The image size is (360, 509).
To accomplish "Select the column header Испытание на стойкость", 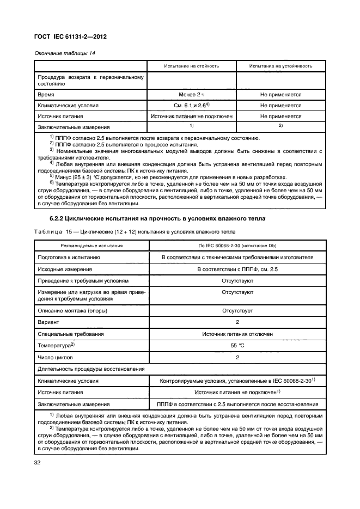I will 191,66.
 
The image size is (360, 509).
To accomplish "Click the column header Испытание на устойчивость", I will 280,66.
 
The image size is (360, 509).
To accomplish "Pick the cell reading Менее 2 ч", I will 191,95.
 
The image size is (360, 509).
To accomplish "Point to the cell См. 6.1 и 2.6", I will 191,106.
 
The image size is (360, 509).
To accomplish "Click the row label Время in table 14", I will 46,95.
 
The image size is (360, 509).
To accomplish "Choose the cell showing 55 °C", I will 237,346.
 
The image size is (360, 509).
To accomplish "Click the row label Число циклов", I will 54,357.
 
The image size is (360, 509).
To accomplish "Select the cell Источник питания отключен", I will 237,334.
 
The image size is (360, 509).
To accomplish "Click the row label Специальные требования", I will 70,334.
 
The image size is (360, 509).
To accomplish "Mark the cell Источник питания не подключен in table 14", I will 191,116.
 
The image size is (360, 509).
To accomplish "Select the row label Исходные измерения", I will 64,269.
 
